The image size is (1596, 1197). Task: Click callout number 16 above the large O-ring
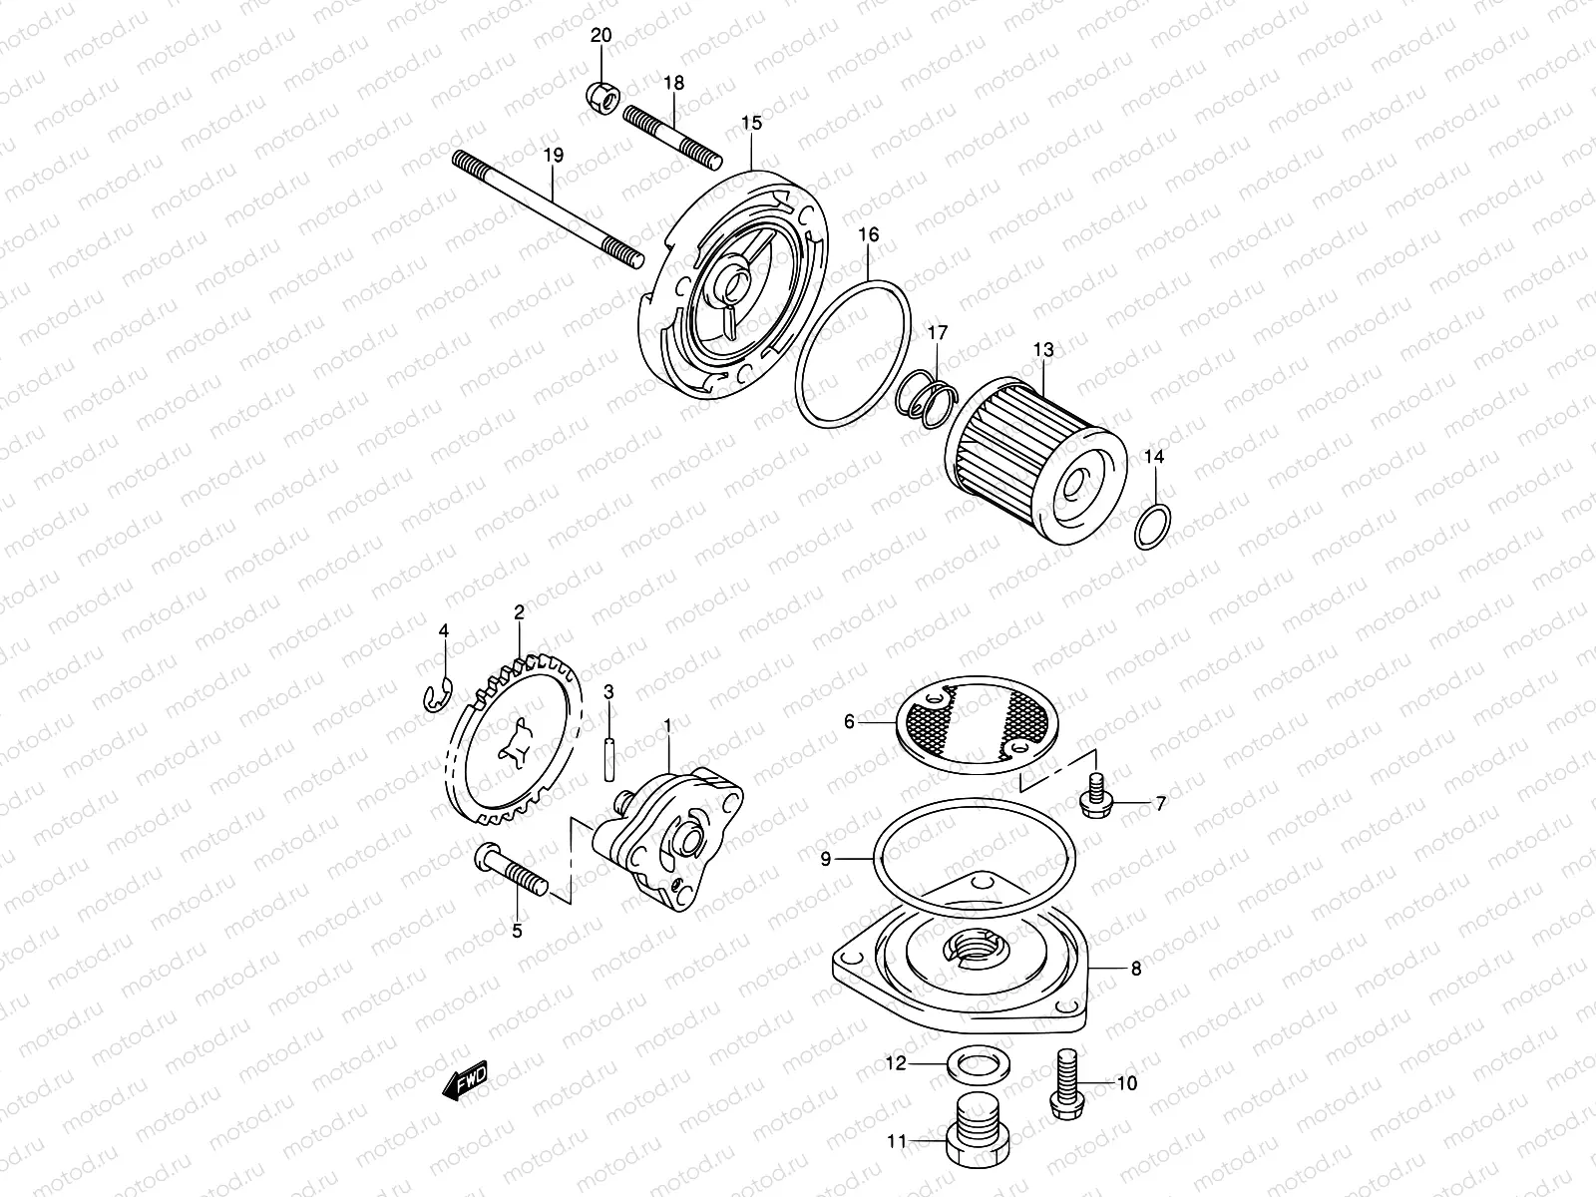pyautogui.click(x=868, y=235)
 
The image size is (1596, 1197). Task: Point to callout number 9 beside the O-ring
pyautogui.click(x=826, y=859)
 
